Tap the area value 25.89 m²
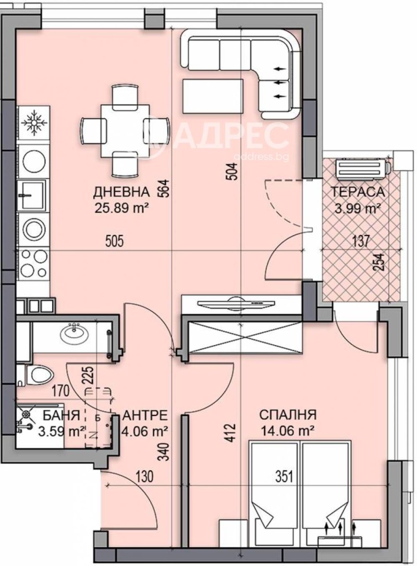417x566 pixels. tap(122, 208)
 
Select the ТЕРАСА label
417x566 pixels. tap(358, 192)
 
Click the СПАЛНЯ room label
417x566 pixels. tap(288, 415)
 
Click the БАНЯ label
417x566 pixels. tap(62, 415)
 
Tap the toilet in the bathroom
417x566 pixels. tap(39, 374)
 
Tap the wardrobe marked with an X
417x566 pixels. tap(241, 337)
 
